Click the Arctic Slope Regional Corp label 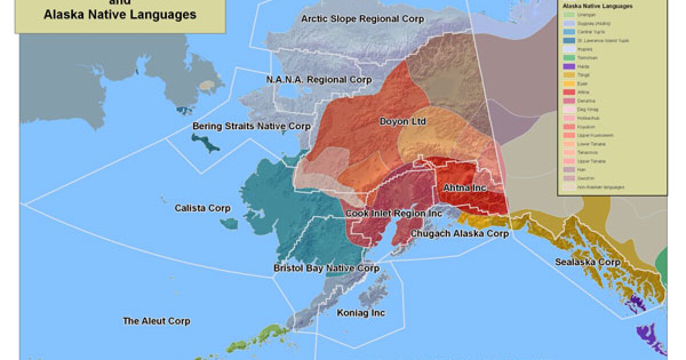point(362,19)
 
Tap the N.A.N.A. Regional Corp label point(318,79)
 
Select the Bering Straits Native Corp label point(251,126)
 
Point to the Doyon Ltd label point(402,122)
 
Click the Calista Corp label point(202,209)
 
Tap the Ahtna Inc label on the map point(464,187)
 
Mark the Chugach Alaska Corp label point(459,233)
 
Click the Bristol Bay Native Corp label point(326,268)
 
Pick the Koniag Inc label point(361,313)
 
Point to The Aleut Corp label point(156,321)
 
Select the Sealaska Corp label point(588,262)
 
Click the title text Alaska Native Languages point(119,14)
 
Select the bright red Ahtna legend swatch point(568,91)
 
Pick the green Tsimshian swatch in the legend point(568,57)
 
